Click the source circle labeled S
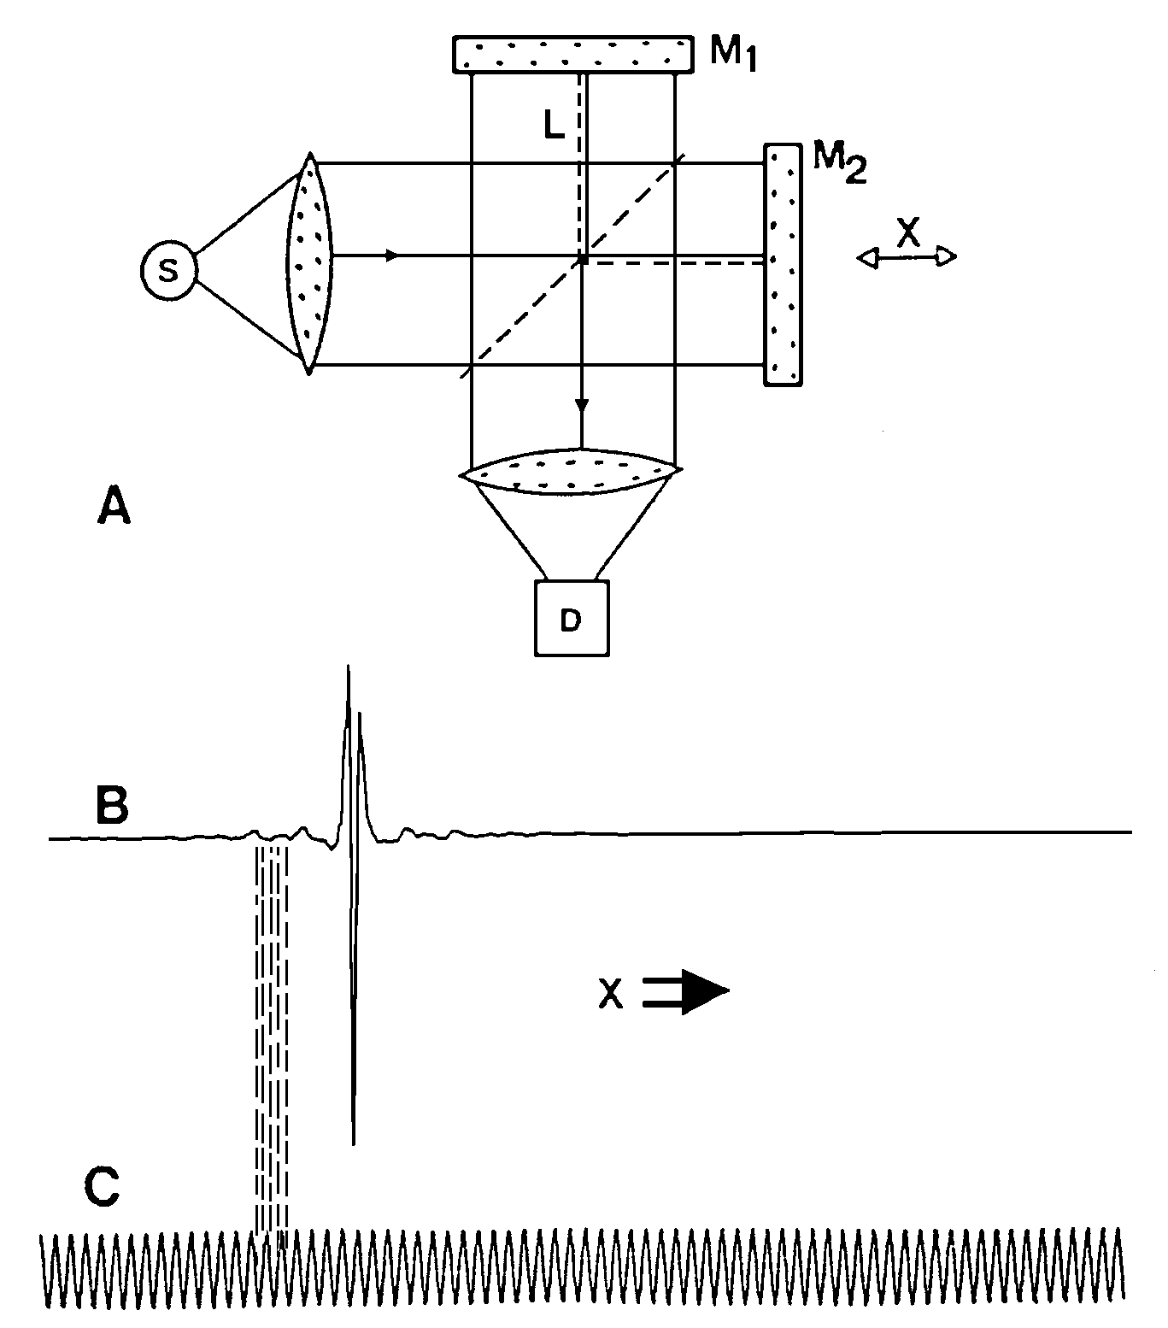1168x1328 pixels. [169, 270]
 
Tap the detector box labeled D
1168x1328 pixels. [572, 618]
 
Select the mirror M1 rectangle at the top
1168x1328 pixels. [572, 54]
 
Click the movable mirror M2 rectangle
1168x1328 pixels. [783, 265]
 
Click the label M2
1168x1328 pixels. [840, 164]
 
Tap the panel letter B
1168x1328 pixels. [110, 805]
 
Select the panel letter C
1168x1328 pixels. [102, 1188]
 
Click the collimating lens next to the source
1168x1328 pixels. [310, 263]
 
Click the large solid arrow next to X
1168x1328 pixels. [686, 992]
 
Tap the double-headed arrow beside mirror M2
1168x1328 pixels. [907, 256]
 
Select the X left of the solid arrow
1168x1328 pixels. [609, 993]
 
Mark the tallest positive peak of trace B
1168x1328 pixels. [348, 667]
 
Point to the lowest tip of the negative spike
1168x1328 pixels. [353, 1143]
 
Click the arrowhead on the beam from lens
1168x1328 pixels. [392, 256]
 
